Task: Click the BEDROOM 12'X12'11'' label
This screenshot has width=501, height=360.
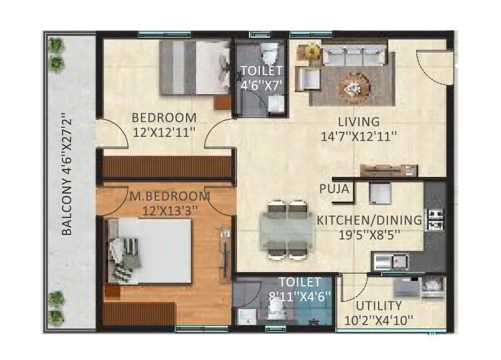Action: coord(164,125)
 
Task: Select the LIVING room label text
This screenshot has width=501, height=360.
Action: coord(359,128)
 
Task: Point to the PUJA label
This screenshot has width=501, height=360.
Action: coord(334,189)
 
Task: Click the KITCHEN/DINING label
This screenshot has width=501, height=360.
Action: coord(369,227)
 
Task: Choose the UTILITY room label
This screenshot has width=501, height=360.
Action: coord(378,313)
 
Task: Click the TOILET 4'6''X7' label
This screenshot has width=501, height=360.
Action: coord(261,78)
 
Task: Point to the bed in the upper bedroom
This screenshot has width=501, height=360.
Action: coord(194,68)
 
